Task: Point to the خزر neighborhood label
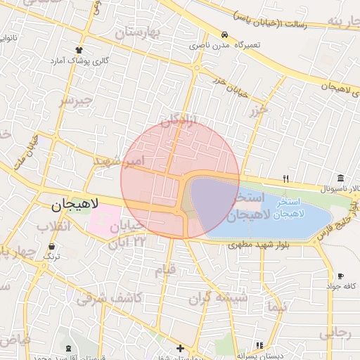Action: [258, 110]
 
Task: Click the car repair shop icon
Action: [224, 34]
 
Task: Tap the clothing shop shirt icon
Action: [79, 50]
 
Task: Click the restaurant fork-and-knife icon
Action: [285, 178]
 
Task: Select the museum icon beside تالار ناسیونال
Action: [341, 177]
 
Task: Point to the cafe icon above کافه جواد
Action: [341, 276]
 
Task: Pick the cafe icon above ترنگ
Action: [53, 246]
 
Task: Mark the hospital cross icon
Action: [181, 348]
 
